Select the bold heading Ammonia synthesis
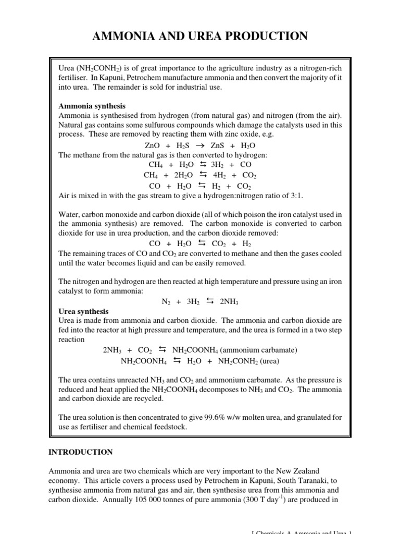pyautogui.click(x=92, y=106)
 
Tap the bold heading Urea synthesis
pyautogui.click(x=84, y=311)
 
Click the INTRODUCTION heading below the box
pyautogui.click(x=80, y=452)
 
